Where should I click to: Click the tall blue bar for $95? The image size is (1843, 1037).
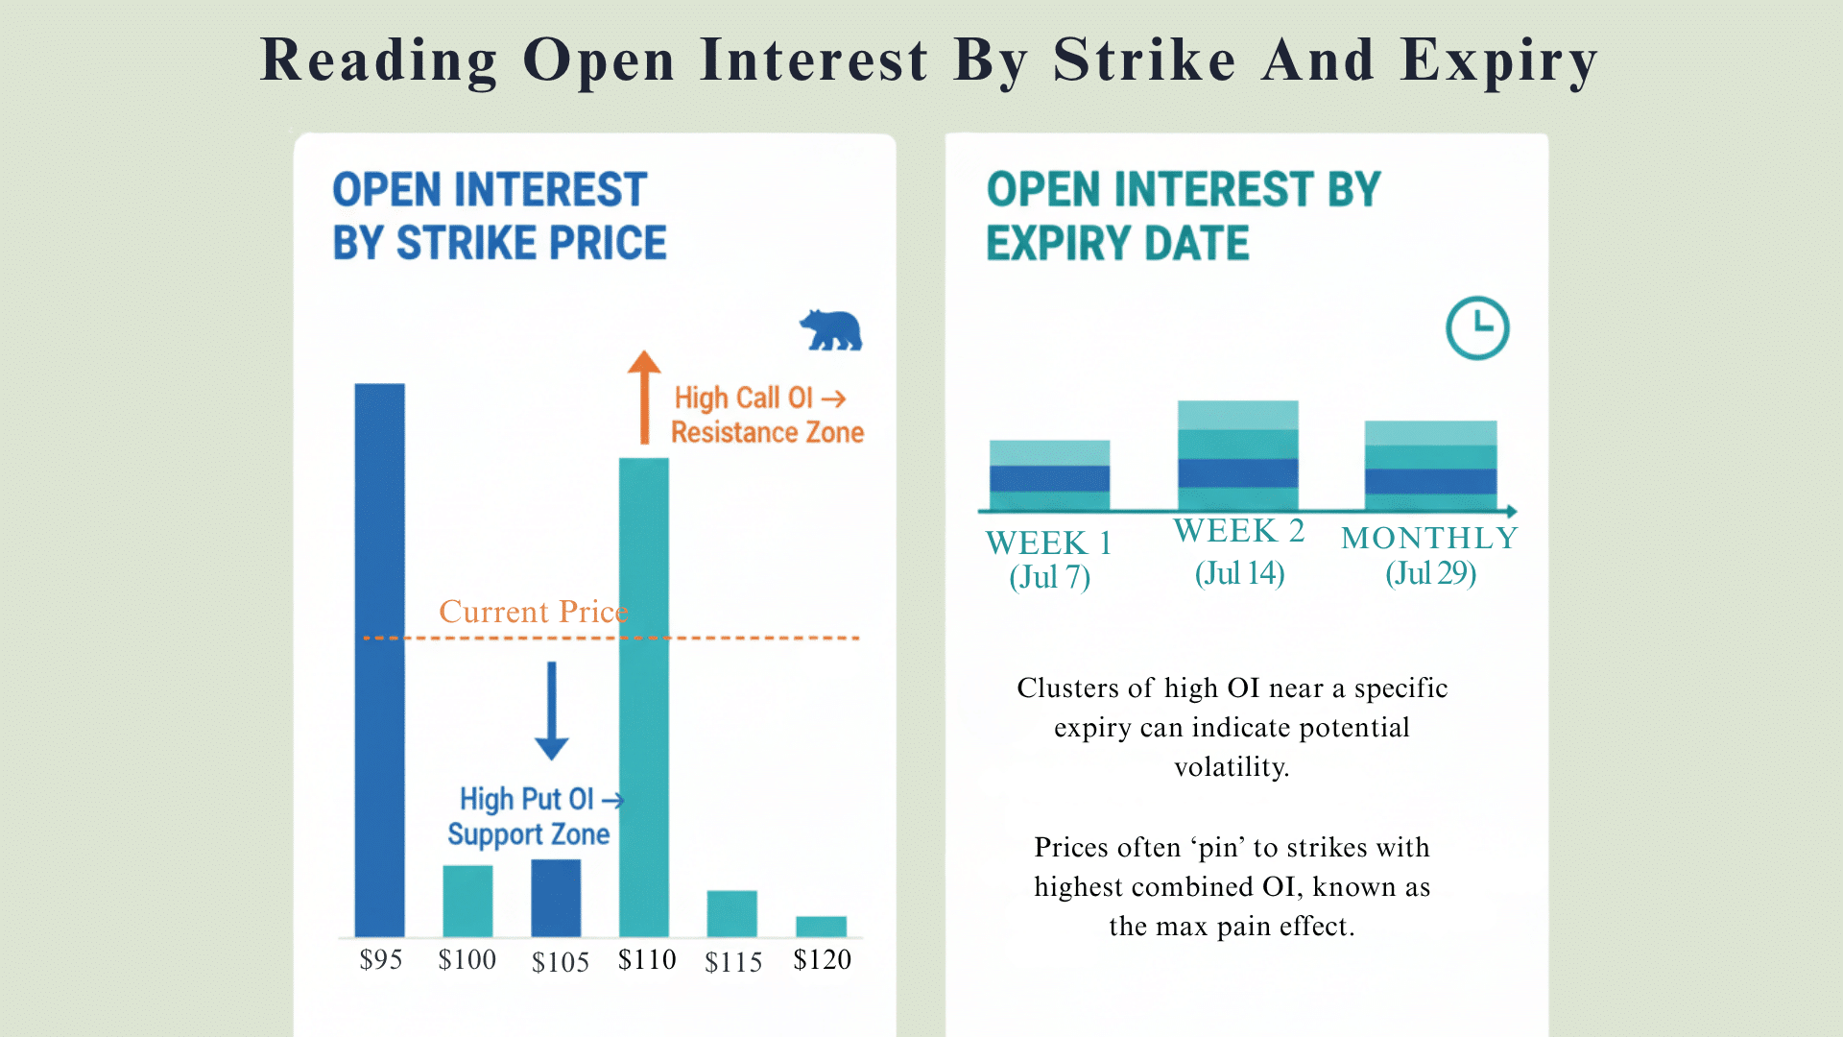coord(379,660)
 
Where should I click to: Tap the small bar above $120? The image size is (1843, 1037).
coord(821,926)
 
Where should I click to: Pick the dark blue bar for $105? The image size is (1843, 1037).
coord(556,898)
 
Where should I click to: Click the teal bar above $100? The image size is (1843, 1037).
coord(467,901)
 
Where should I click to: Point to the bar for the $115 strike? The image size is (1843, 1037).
coord(731,913)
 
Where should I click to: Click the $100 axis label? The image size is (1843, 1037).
coord(467,959)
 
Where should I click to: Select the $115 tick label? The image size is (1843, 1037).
coord(733,962)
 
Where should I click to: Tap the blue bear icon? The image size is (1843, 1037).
coord(830,330)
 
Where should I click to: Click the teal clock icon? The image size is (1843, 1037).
coord(1477,328)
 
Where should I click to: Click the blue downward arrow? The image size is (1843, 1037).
coord(552,711)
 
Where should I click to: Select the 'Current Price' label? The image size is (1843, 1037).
coord(533,612)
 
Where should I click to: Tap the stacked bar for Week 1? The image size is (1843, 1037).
coord(1049,475)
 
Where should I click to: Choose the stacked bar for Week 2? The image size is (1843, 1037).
coord(1237,455)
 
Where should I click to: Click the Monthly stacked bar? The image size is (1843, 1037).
coord(1430,466)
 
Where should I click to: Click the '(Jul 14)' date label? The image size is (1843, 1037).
coord(1239,573)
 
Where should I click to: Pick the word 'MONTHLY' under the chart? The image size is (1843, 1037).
coord(1429,538)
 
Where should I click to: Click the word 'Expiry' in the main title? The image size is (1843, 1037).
coord(1498,60)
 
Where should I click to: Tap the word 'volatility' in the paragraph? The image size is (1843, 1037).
coord(1231,767)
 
